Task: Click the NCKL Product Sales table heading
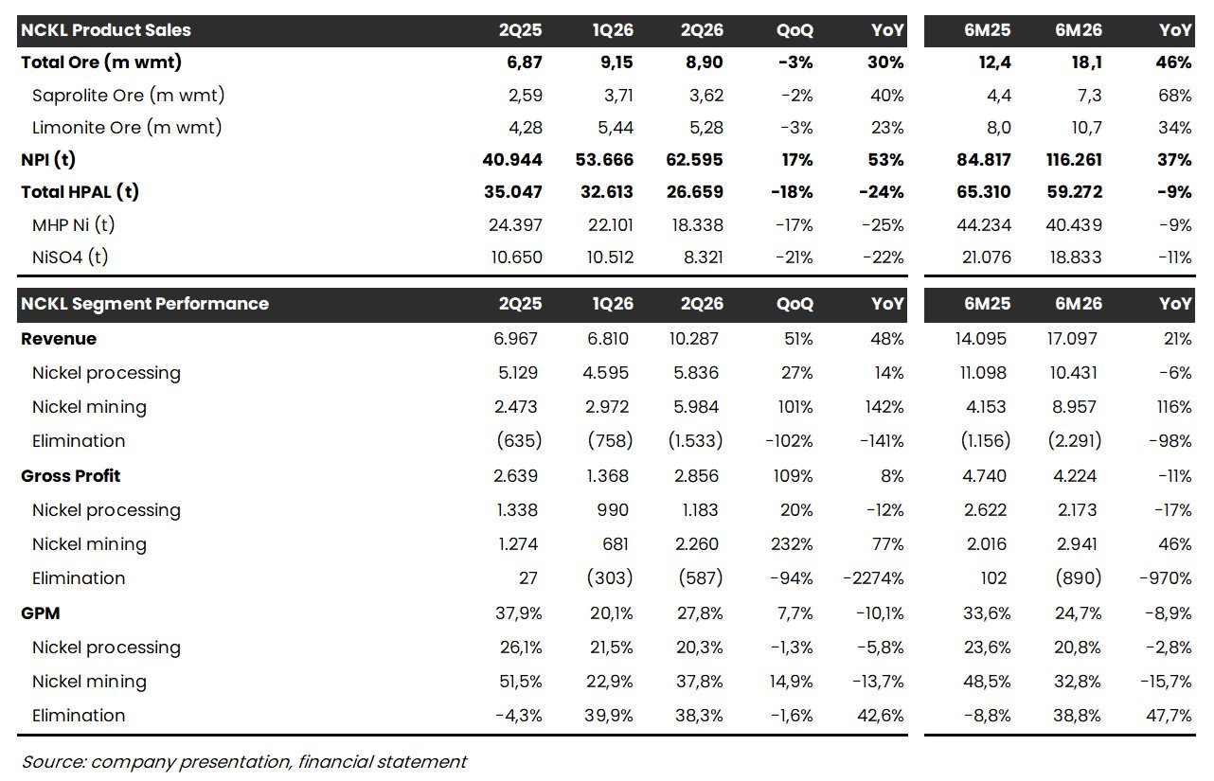[x=106, y=29]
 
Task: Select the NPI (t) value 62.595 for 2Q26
[x=694, y=160]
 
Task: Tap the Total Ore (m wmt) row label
[x=101, y=62]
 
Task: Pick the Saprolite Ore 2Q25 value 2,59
[x=526, y=96]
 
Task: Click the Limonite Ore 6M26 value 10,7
[x=1087, y=128]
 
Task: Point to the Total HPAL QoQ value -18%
[x=792, y=192]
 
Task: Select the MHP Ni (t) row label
[x=73, y=225]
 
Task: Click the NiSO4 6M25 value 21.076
[x=987, y=257]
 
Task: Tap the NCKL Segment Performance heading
[x=145, y=304]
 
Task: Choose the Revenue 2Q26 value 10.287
[x=694, y=339]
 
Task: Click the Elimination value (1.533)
[x=695, y=440]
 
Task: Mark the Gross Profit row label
[x=70, y=476]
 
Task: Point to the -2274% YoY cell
[x=873, y=578]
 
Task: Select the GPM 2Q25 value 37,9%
[x=519, y=613]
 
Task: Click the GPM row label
[x=40, y=613]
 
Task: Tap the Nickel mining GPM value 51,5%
[x=521, y=682]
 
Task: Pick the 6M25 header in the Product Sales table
[x=987, y=29]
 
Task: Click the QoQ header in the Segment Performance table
[x=794, y=304]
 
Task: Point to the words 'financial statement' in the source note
[x=382, y=762]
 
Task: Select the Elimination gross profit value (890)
[x=1079, y=578]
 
